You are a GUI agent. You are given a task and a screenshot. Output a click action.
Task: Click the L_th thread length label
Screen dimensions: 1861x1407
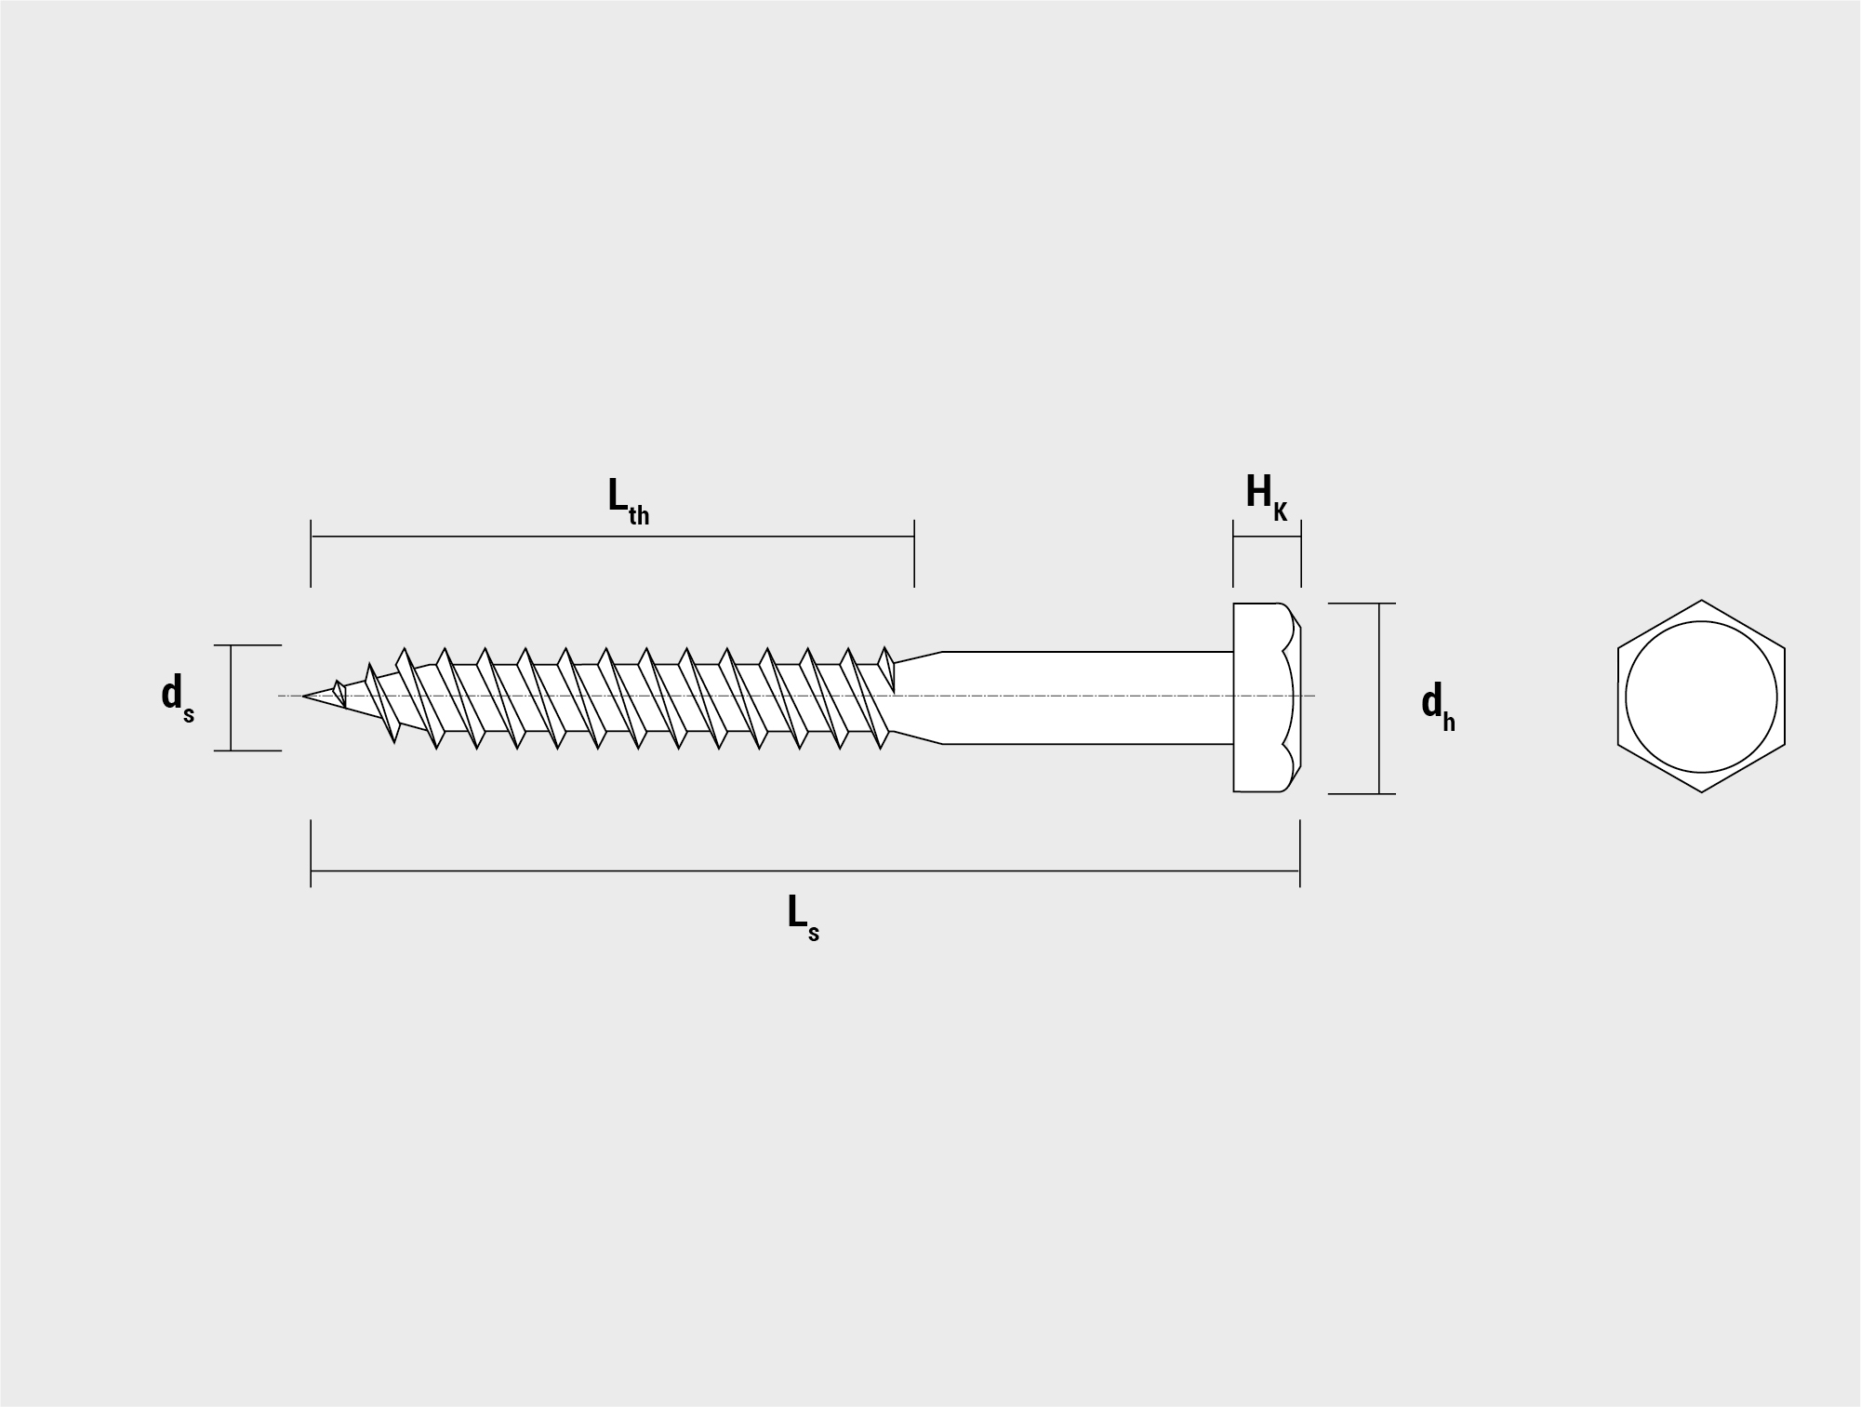(629, 501)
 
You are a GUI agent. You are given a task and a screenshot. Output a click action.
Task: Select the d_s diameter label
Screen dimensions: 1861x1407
(178, 697)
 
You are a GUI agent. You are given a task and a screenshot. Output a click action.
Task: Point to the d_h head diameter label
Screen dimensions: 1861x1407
(1438, 706)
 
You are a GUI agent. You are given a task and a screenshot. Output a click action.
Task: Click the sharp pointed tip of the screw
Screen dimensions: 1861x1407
(304, 696)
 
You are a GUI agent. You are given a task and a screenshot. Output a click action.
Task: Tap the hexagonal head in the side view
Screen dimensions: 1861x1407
(1267, 697)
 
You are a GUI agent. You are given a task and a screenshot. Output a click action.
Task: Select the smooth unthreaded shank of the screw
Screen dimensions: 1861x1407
(1088, 697)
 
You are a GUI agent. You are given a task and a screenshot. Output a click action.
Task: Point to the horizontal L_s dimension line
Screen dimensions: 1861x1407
(804, 871)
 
